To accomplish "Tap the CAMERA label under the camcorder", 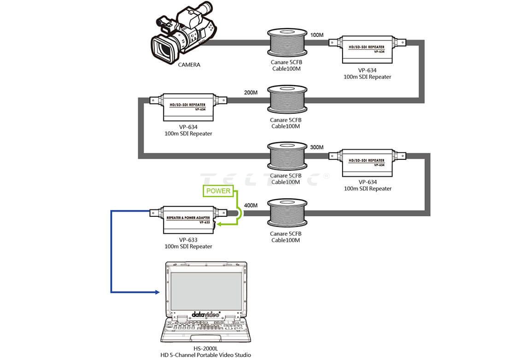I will [x=189, y=65].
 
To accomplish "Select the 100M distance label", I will [x=317, y=35].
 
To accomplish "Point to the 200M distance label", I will [x=251, y=93].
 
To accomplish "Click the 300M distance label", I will [x=317, y=147].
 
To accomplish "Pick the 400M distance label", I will [x=251, y=205].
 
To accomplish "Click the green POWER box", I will [x=219, y=191].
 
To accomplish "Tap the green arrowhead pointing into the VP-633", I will [x=220, y=224].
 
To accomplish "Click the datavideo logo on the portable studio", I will [x=206, y=314].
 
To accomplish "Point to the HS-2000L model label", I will [x=205, y=348].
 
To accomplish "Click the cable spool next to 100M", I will [x=287, y=44].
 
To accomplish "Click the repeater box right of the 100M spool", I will [x=367, y=49].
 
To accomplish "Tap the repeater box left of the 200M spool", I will [x=188, y=107].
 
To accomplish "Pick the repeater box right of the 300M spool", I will [x=367, y=162].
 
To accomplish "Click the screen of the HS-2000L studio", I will [x=206, y=290].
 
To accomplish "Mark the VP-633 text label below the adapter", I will [x=188, y=240].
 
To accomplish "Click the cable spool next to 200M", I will [x=287, y=101].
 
